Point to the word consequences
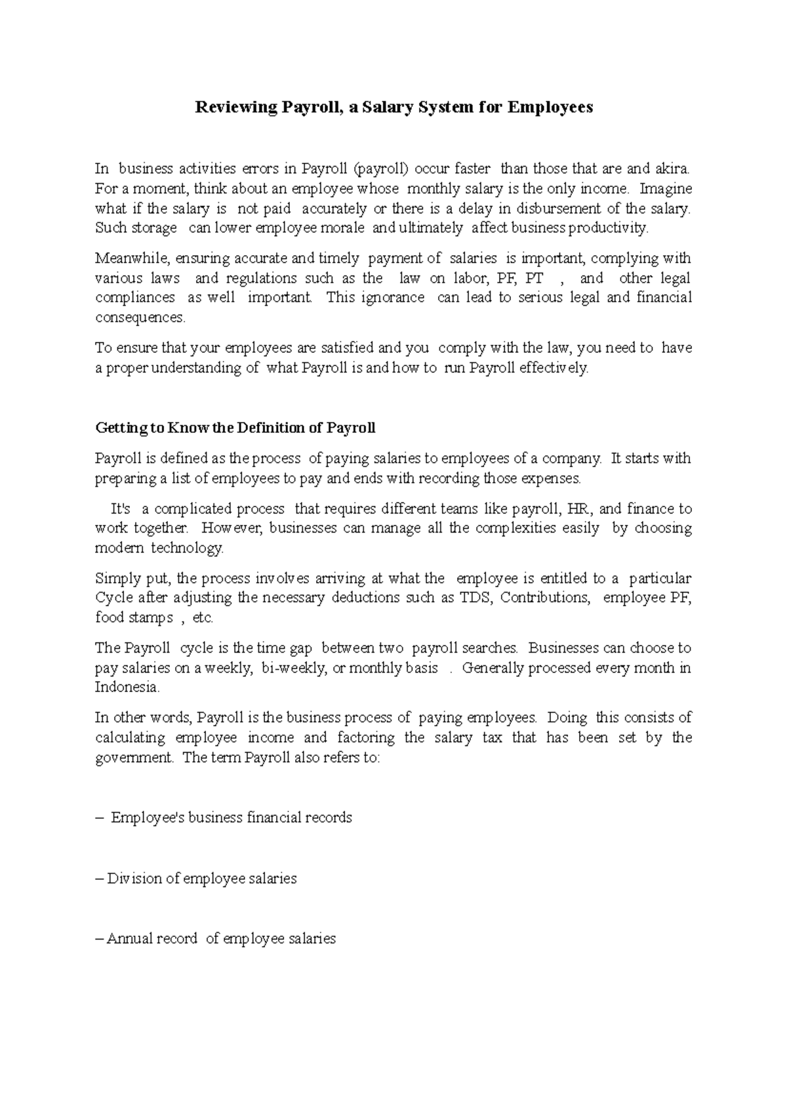(140, 318)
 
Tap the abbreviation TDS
(476, 598)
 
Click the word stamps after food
(151, 617)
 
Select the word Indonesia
(127, 688)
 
